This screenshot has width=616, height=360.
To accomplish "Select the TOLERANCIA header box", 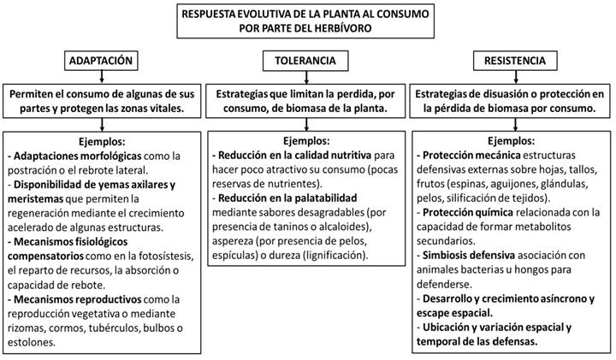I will pyautogui.click(x=305, y=61).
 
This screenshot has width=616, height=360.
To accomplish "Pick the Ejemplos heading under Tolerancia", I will pyautogui.click(x=305, y=140).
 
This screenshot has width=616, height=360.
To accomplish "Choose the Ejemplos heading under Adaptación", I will pyautogui.click(x=101, y=140).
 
